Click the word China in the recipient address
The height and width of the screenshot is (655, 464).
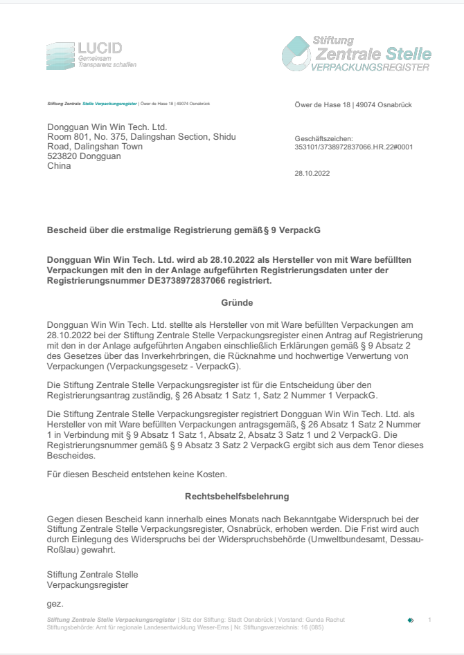click(x=58, y=166)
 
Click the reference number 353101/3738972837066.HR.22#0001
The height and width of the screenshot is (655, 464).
click(x=344, y=146)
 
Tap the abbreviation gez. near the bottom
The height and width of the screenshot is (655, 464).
click(x=55, y=604)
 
